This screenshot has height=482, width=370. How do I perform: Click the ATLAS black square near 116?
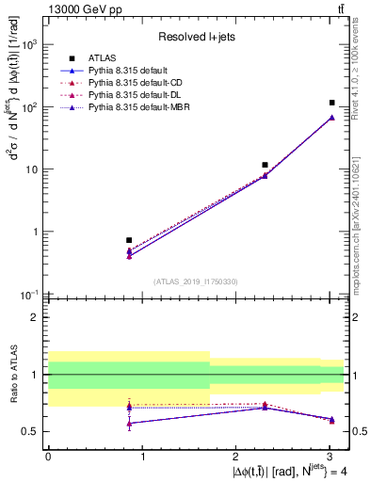(x=331, y=103)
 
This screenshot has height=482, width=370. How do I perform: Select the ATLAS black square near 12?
(x=265, y=165)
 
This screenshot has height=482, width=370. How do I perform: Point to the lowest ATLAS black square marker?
(x=129, y=240)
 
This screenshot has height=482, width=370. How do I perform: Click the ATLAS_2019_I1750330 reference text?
(x=196, y=281)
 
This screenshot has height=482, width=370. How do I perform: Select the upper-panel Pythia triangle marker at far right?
(x=331, y=118)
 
